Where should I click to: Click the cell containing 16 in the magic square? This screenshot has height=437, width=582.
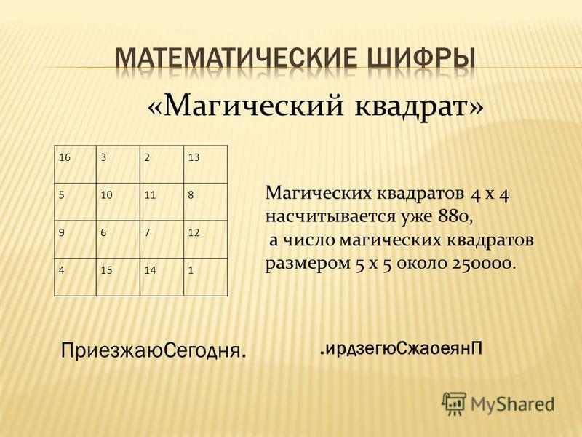(x=76, y=165)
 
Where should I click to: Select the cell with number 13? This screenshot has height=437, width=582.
(x=206, y=165)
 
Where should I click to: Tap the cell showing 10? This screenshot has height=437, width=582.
(x=118, y=202)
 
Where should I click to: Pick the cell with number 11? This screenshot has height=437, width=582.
(x=162, y=202)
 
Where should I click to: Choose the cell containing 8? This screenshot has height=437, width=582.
(x=206, y=202)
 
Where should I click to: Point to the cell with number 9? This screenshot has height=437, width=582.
(x=76, y=240)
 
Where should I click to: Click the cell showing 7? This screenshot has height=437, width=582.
(x=162, y=240)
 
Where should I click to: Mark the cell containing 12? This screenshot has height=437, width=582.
(x=206, y=240)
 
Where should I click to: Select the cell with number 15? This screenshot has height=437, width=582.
(x=118, y=277)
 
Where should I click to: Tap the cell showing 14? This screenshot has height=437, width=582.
(x=162, y=277)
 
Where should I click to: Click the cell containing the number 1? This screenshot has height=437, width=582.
(x=206, y=277)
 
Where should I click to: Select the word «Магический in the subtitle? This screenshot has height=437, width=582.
(x=245, y=106)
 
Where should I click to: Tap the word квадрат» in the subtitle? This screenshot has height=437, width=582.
(x=420, y=106)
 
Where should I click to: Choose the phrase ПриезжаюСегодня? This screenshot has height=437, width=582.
(x=154, y=350)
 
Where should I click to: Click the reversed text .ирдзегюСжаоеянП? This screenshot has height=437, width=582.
(x=401, y=349)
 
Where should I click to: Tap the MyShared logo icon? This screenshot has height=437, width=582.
(x=453, y=403)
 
